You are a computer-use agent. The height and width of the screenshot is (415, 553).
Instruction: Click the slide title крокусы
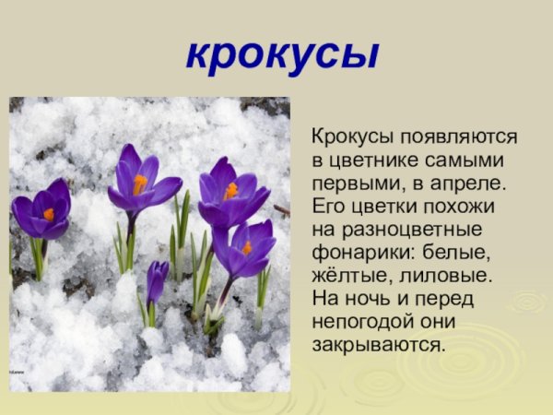coord(281,54)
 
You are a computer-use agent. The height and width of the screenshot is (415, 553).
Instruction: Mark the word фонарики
coord(358,251)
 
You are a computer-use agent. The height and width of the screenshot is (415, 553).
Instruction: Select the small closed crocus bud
coord(157,279)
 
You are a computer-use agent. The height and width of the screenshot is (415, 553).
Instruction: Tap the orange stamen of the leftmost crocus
coord(48,214)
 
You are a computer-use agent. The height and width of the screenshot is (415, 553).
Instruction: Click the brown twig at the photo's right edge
coord(282,211)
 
